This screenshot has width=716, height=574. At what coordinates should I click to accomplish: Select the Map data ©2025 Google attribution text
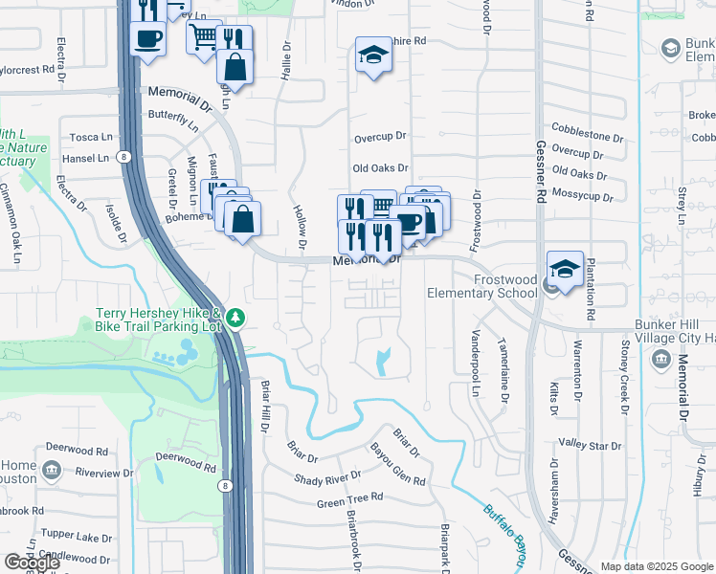656,566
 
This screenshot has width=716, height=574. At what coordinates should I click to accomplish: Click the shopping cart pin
203,38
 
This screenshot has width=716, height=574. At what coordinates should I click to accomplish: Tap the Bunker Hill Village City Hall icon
660,359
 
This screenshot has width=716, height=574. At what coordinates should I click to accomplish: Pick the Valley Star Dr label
591,445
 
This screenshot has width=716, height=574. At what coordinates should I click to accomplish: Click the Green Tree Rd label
349,498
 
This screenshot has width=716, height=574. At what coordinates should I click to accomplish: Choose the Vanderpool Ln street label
474,364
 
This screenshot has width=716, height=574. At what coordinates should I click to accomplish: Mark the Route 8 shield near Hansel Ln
123,156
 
